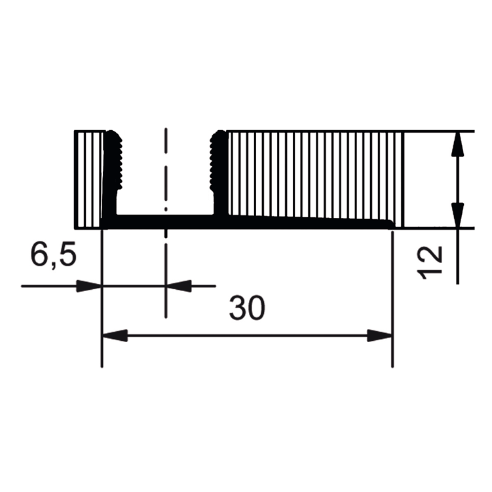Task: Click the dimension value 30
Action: (x=247, y=308)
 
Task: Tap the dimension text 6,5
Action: (x=53, y=255)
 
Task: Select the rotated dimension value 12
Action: (x=432, y=262)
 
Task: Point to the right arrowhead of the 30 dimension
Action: (x=380, y=336)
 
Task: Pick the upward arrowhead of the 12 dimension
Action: (x=457, y=144)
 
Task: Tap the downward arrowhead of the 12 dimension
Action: (x=457, y=215)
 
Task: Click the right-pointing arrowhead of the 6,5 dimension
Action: (x=89, y=286)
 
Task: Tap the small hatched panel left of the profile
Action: (x=89, y=178)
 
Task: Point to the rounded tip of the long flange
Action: (x=390, y=224)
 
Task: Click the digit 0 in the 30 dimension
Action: (x=256, y=308)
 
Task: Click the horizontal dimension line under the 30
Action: (x=247, y=336)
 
